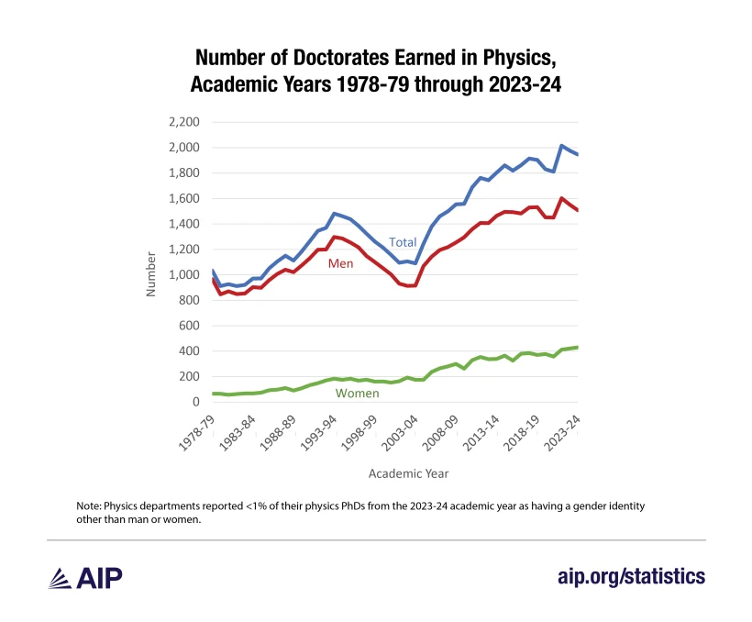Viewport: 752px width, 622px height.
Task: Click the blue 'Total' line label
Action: [404, 242]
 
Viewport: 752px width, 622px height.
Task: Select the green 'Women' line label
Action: [358, 393]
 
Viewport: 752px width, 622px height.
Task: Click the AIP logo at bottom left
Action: [83, 576]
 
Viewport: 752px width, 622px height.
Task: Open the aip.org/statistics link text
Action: [632, 576]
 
